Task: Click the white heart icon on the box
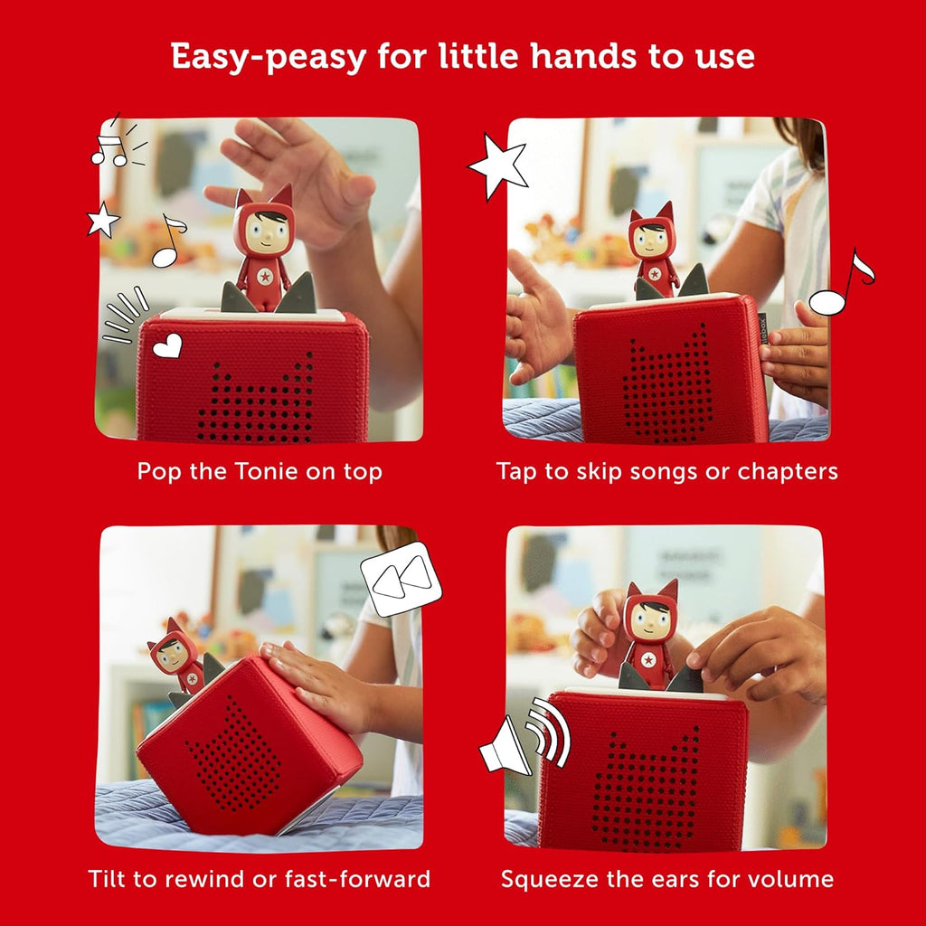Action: [167, 345]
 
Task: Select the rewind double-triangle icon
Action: [402, 579]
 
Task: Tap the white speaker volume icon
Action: [524, 737]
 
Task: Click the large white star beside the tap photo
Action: [498, 166]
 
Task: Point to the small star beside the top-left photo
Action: [103, 219]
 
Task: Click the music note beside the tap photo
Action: [842, 282]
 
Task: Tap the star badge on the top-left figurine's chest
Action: [265, 276]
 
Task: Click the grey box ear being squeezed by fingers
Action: [686, 679]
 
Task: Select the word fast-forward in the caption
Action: [357, 879]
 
